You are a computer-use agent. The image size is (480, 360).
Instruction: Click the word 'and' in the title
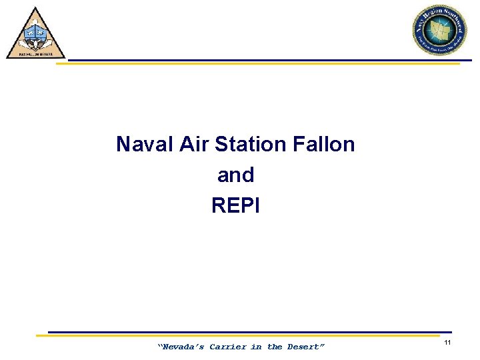(x=235, y=175)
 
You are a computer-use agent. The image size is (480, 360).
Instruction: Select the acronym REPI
(x=235, y=205)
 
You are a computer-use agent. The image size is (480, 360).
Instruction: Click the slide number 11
(x=448, y=343)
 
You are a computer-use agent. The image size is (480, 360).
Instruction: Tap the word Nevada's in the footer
(x=181, y=347)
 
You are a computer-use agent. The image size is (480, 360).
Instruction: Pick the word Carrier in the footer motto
(x=227, y=347)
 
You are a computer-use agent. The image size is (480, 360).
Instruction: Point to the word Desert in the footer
(x=305, y=347)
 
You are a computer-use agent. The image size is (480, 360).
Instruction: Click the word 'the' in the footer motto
(x=275, y=347)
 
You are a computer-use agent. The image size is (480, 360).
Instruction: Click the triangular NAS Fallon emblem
(x=36, y=35)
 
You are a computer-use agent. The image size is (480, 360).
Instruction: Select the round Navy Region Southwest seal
(x=439, y=31)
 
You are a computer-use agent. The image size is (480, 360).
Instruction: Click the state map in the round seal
(x=439, y=31)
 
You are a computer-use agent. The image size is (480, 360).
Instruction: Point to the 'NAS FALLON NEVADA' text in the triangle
(x=36, y=54)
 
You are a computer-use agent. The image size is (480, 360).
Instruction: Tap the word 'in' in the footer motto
(x=256, y=347)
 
